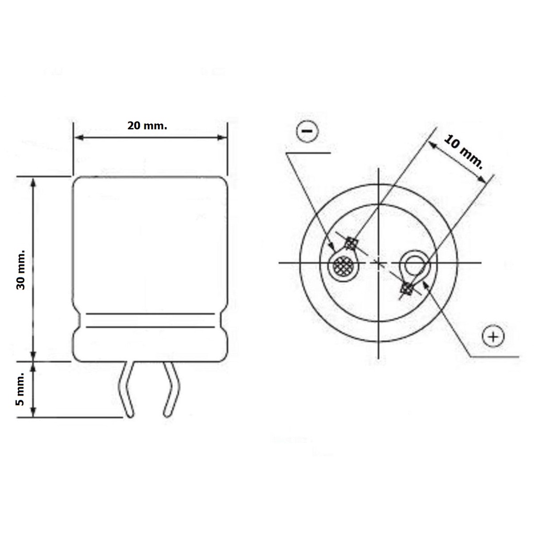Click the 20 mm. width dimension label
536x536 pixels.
pyautogui.click(x=147, y=126)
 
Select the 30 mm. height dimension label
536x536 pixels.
pyautogui.click(x=21, y=270)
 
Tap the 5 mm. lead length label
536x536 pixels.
pyautogui.click(x=21, y=389)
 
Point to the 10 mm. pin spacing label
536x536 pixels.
pyautogui.click(x=464, y=152)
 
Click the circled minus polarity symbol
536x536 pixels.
pyautogui.click(x=307, y=131)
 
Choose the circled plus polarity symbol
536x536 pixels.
pyautogui.click(x=493, y=337)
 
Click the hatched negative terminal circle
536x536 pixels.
pyautogui.click(x=343, y=265)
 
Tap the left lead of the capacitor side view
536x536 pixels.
pyautogui.click(x=127, y=389)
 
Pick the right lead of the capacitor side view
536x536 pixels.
pyautogui.click(x=171, y=389)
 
